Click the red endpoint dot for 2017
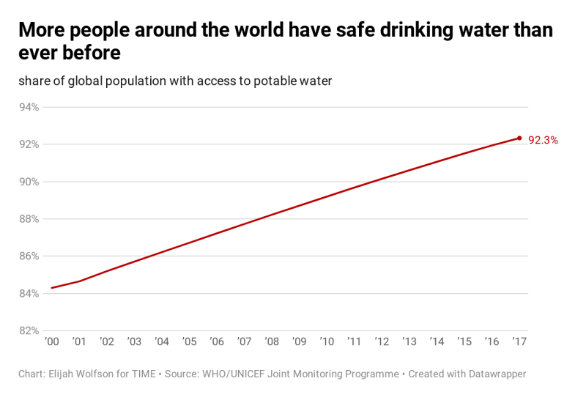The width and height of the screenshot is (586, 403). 519,138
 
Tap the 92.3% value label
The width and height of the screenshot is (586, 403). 543,140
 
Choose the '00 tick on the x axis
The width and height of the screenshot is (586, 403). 51,341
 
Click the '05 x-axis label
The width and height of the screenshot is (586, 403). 189,341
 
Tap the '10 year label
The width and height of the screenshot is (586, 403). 327,341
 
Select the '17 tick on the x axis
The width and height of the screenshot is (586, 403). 519,341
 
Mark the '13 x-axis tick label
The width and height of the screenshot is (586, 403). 409,341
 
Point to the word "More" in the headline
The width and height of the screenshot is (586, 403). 42,31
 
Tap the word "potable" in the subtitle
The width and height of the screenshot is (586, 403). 274,81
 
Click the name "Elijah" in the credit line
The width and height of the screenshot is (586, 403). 67,374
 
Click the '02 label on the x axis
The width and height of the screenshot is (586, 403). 107,341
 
